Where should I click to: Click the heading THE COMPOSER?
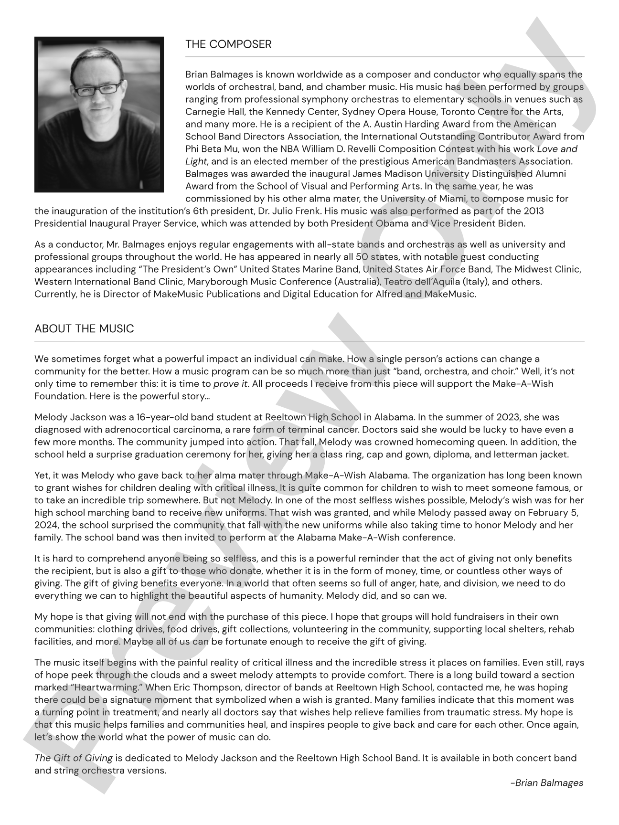pyautogui.click(x=228, y=44)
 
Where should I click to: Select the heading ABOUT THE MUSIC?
pyautogui.click(x=84, y=329)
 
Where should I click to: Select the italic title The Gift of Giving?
pyautogui.click(x=74, y=758)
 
